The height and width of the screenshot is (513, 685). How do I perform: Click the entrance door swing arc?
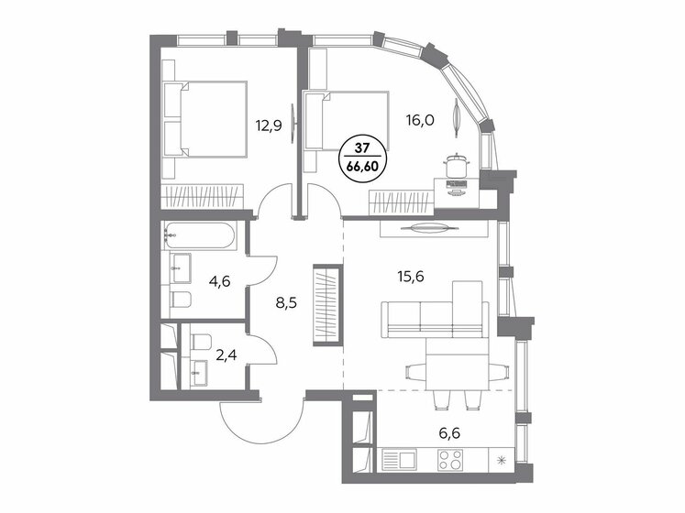pos(260,421)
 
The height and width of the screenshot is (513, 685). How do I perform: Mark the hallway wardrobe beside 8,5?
pos(326,305)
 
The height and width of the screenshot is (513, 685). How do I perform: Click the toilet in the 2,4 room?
pos(201,343)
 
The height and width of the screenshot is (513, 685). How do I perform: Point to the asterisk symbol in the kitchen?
pos(501,460)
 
